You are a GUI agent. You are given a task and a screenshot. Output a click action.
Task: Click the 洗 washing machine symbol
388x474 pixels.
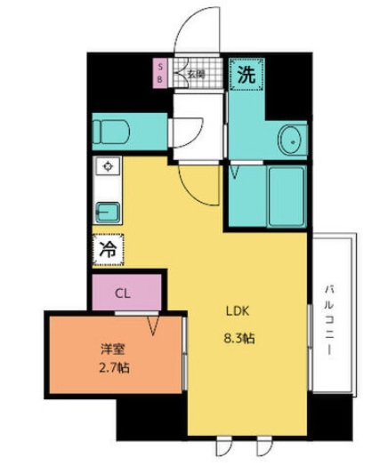click(247, 75)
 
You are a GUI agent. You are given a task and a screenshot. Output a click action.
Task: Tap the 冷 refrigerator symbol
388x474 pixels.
click(109, 250)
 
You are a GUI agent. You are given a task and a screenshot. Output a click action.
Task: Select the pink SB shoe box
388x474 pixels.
click(160, 74)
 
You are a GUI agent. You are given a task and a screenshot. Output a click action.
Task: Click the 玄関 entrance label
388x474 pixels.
click(197, 74)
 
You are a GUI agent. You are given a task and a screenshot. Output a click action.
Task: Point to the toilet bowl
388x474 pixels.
click(111, 132)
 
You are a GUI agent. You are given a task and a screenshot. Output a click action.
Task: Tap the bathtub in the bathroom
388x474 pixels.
click(287, 197)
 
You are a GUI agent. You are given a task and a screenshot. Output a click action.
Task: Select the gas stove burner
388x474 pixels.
click(108, 166)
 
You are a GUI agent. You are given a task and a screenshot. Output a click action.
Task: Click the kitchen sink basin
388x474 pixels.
click(108, 213)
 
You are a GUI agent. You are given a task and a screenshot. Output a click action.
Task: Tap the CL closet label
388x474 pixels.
click(123, 293)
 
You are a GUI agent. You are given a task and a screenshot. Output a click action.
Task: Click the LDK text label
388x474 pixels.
click(238, 311)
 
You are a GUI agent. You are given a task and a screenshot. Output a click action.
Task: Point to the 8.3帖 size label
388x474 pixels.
click(238, 339)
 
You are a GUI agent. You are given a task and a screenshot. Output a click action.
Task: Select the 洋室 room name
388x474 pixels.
click(112, 349)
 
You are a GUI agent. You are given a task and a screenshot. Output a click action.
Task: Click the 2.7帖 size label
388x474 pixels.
click(114, 368)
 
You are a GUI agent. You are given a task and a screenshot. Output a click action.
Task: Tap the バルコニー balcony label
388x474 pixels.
click(329, 320)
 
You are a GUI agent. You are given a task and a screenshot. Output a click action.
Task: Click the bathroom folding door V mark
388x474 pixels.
click(235, 173)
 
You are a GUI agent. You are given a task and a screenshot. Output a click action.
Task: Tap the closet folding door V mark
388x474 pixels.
click(153, 325)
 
